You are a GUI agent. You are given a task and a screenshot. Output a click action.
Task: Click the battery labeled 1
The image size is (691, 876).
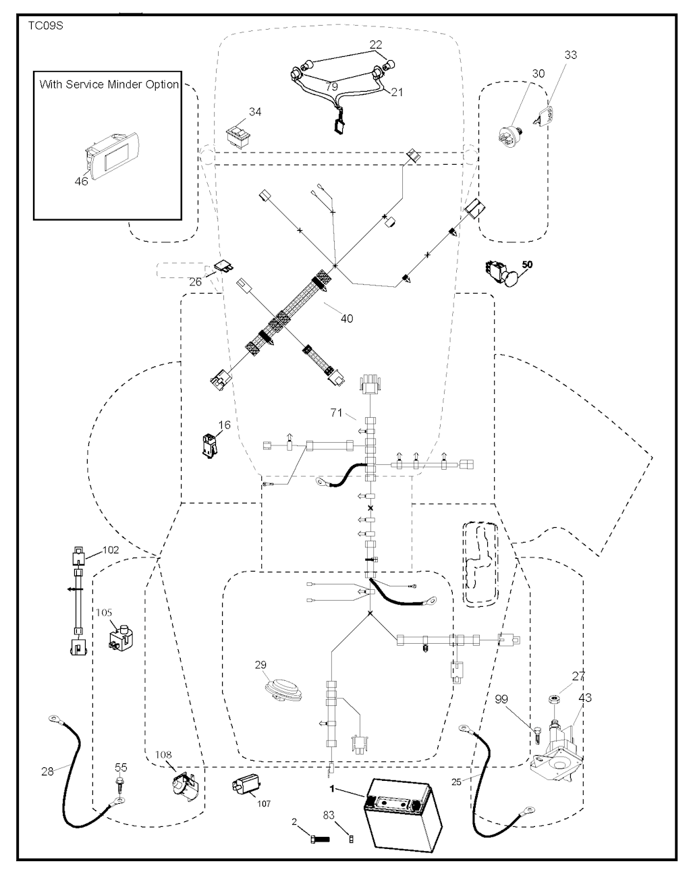point(402,816)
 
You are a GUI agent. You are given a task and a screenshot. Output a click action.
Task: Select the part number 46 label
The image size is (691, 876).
point(81,182)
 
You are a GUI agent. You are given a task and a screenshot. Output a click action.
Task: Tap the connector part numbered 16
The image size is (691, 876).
point(209,445)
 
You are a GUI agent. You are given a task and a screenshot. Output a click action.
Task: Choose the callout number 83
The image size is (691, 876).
point(329,816)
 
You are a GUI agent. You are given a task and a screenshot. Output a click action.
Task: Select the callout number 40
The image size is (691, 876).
point(346,318)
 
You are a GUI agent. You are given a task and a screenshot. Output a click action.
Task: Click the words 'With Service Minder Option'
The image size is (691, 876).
point(109,85)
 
